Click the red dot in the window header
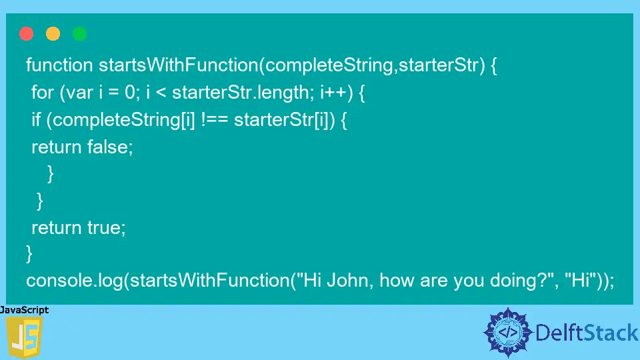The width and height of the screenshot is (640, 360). pos(27,33)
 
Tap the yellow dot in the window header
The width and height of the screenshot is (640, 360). pos(53,33)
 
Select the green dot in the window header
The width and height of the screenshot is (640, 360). pos(80,33)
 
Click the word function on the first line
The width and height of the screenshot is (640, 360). pos(59,65)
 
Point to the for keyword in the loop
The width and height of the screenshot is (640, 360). pos(42,93)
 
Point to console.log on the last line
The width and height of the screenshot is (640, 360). pos(73,281)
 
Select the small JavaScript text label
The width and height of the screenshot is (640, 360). pos(25,310)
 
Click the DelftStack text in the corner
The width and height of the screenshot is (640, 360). pos(587,332)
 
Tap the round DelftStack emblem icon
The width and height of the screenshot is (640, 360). pos(509,332)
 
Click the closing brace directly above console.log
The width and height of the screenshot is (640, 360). pos(29,254)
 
